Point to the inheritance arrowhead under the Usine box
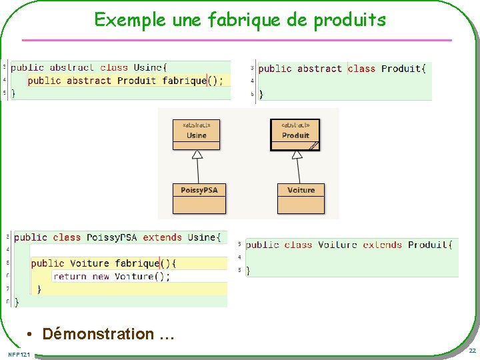(x=197, y=155)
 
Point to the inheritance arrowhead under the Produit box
(x=297, y=155)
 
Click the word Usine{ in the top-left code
(x=150, y=67)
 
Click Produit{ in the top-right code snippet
(x=403, y=68)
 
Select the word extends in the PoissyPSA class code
(x=162, y=237)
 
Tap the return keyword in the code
(x=70, y=276)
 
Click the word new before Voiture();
(x=101, y=276)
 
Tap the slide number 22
(x=472, y=351)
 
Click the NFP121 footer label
(x=19, y=353)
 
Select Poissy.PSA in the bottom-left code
(x=111, y=237)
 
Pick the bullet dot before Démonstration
(x=30, y=334)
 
